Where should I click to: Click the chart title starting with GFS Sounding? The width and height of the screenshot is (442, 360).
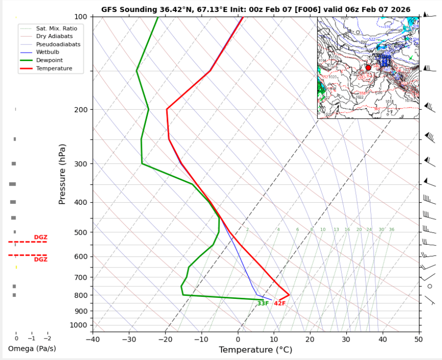tap(256, 10)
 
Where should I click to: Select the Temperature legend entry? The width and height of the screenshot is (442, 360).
tap(54, 69)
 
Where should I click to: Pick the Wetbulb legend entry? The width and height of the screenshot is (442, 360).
tap(47, 53)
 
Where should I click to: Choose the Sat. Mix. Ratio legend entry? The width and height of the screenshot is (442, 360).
tap(56, 29)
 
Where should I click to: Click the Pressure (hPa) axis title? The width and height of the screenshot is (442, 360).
tap(62, 174)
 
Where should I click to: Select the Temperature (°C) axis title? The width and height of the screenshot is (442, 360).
tap(256, 349)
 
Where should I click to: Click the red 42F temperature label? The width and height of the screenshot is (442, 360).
tap(280, 303)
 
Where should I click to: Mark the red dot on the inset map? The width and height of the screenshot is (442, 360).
tap(368, 68)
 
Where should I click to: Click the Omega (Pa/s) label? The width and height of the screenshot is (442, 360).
tap(32, 348)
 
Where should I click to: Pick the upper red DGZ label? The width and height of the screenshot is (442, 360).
tap(41, 237)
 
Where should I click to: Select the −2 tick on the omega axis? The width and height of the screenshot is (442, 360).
tap(47, 339)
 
